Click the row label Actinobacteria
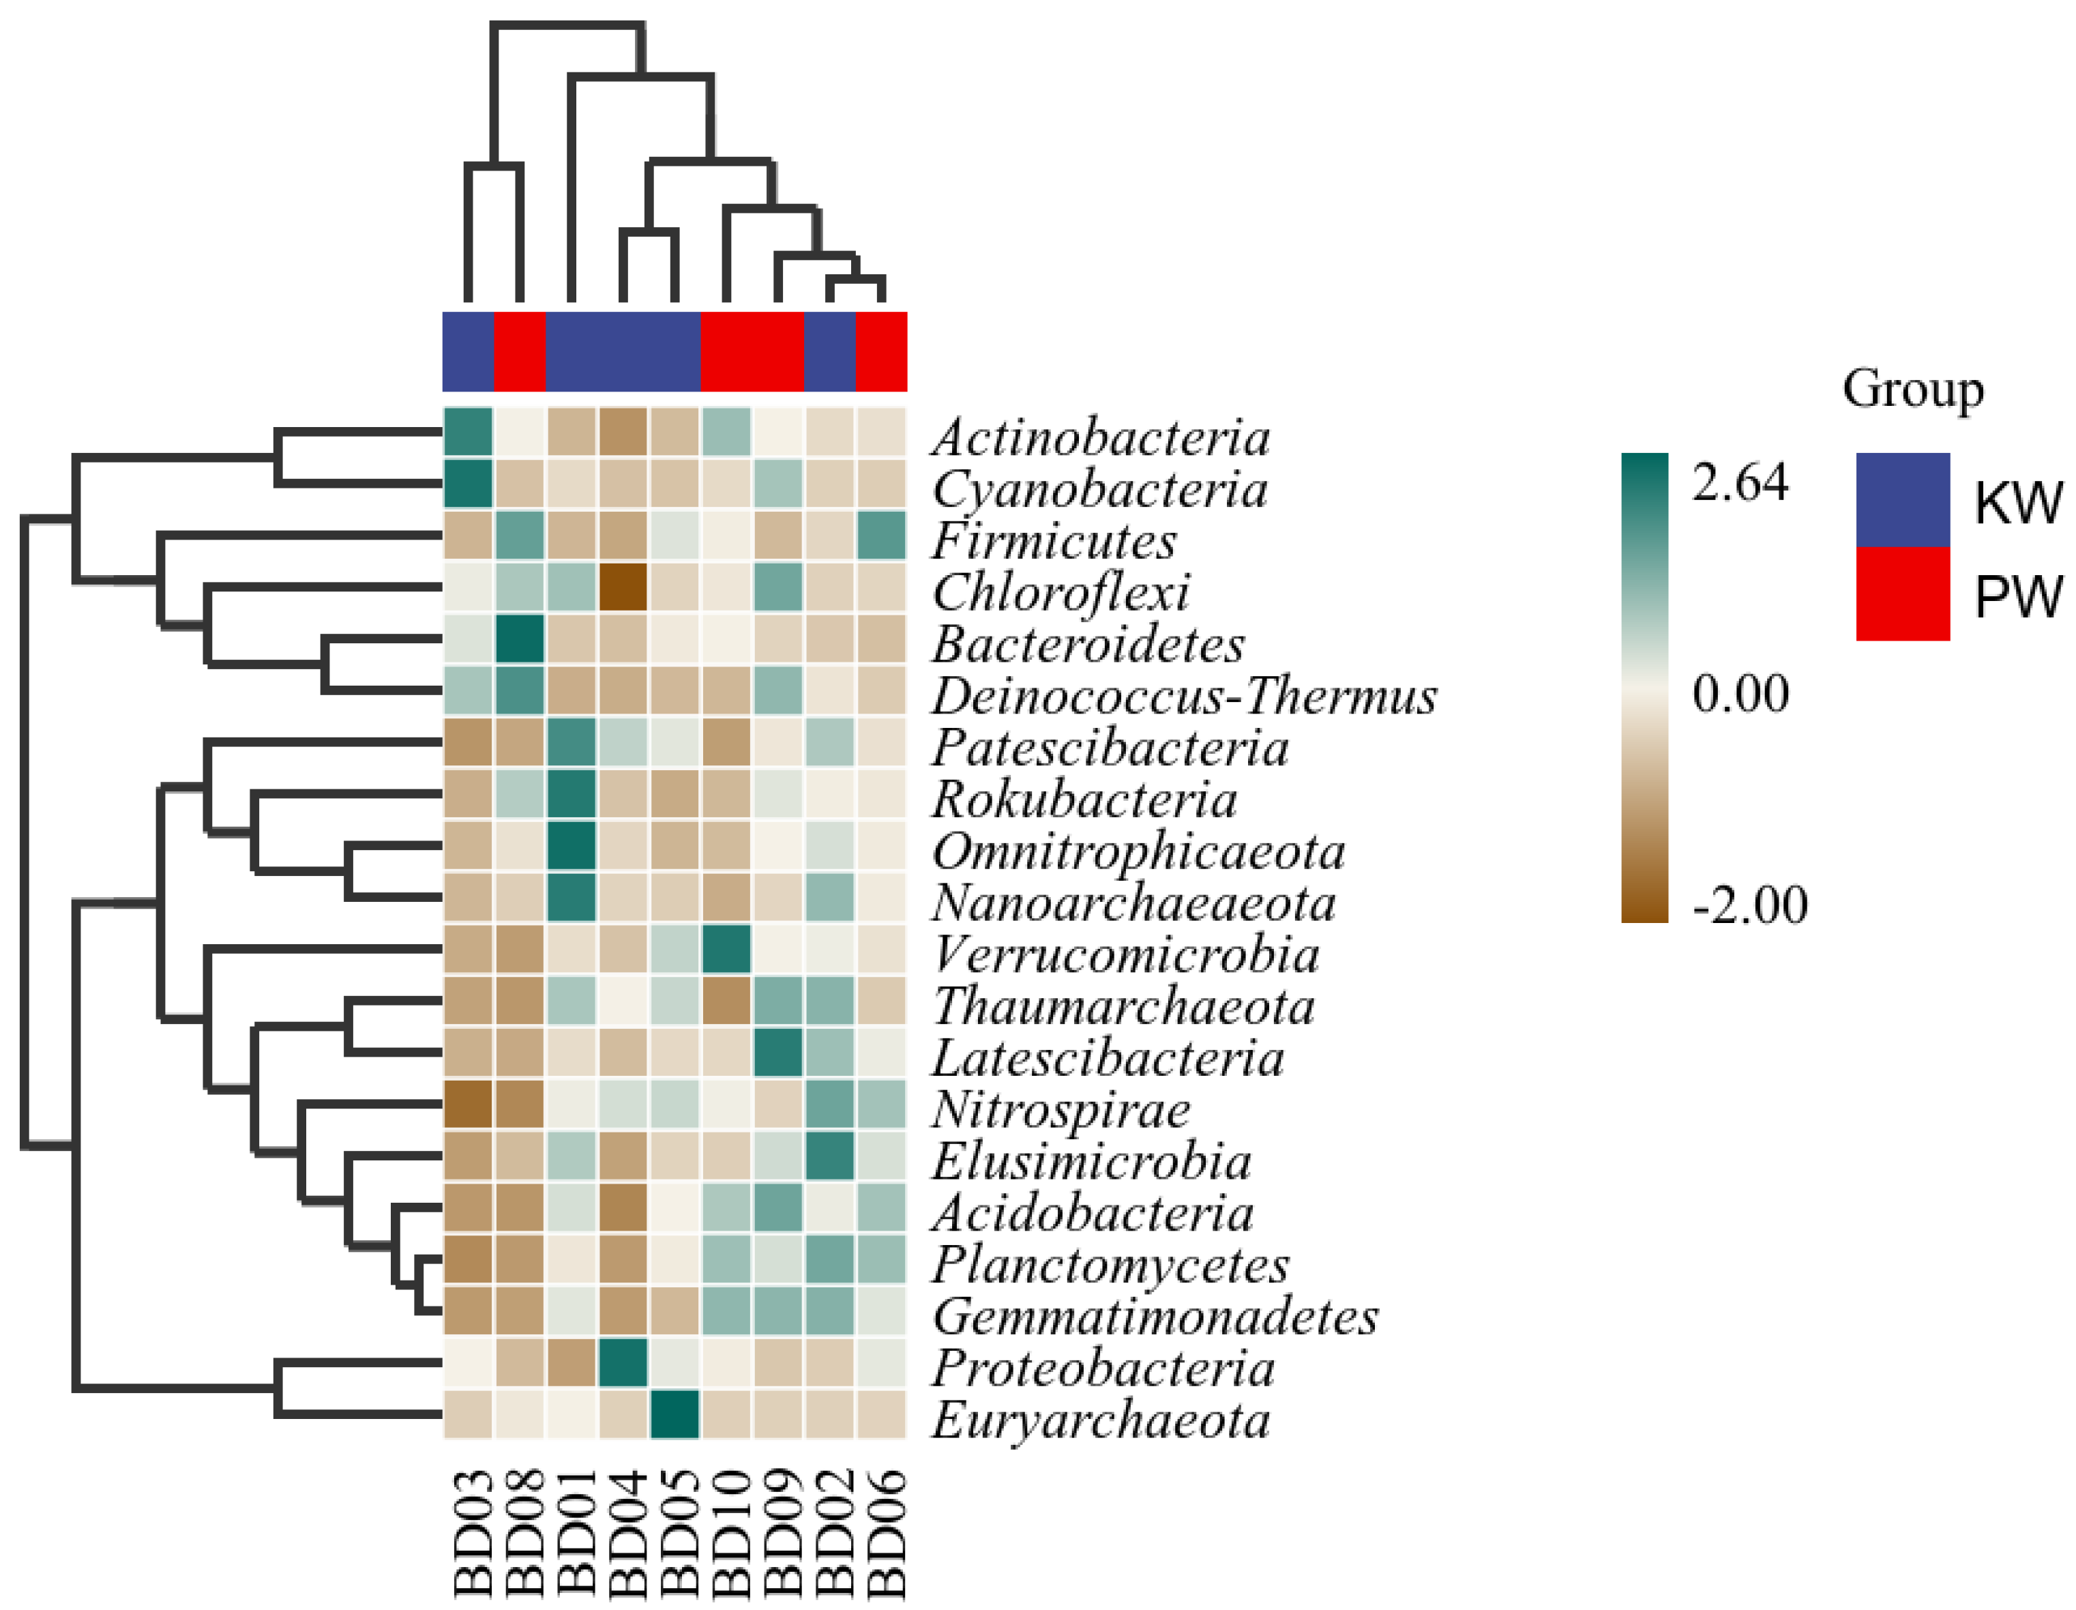coord(1100,437)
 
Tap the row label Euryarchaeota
coord(1100,1421)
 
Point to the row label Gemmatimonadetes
coord(1154,1317)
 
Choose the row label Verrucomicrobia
coord(1125,955)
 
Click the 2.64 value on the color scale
coord(1740,483)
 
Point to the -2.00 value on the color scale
coord(1749,905)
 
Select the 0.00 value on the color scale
coord(1740,693)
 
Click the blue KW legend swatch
coord(1902,500)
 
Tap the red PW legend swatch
coord(1902,594)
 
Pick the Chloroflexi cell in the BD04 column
coord(623,587)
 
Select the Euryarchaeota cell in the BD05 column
coord(675,1414)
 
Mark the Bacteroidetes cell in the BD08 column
coord(520,638)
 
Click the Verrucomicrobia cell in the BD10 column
coord(726,949)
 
